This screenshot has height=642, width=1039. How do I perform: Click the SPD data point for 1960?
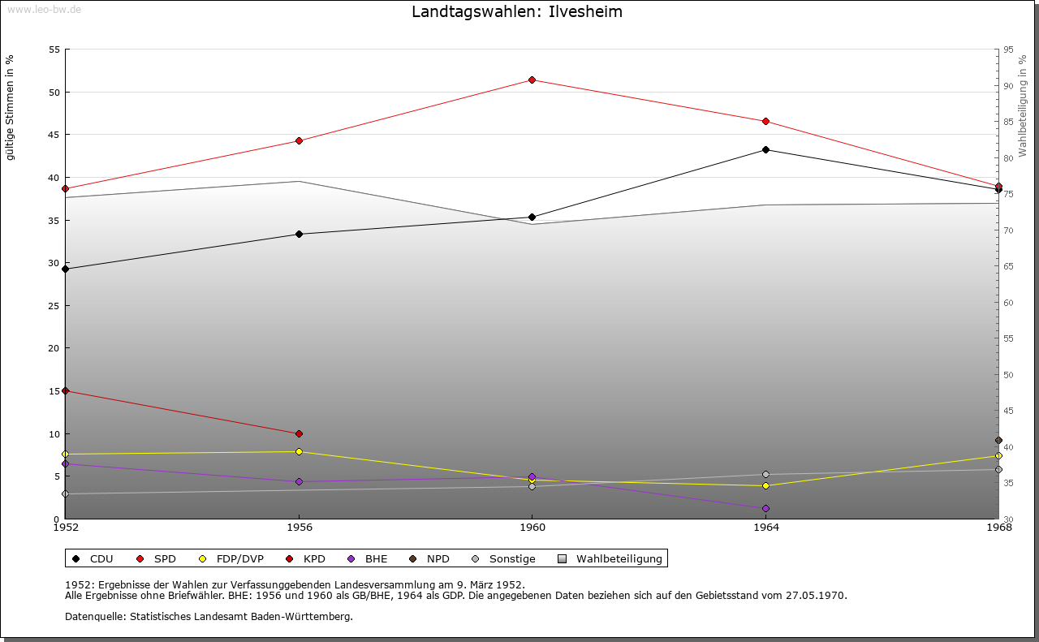pos(532,80)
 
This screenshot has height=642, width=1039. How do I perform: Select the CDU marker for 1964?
pos(765,149)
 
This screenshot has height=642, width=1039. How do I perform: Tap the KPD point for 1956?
pos(299,433)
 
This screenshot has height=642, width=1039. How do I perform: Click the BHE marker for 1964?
pos(765,508)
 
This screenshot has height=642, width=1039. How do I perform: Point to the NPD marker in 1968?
pos(998,440)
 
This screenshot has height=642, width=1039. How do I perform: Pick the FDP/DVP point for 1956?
pos(299,451)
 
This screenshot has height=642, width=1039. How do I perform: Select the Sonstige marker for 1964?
pos(765,474)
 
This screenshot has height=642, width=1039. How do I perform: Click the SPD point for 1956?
pos(299,140)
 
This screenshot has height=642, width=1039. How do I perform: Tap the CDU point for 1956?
pos(299,234)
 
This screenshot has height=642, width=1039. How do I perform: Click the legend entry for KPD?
pos(308,558)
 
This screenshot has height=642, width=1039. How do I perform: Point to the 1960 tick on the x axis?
pos(532,528)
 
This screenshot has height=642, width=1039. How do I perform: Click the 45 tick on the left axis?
pos(54,135)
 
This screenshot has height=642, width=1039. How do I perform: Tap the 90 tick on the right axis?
pos(1008,86)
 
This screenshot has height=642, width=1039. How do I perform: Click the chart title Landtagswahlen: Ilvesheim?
pos(517,11)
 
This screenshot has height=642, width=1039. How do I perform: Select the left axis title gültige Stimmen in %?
pos(11,107)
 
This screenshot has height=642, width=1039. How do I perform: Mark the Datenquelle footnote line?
pos(209,616)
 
